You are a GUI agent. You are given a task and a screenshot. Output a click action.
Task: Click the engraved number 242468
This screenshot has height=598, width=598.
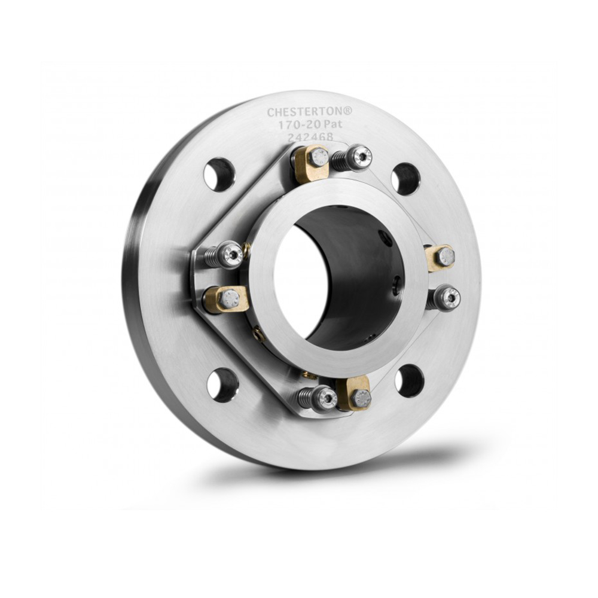310,137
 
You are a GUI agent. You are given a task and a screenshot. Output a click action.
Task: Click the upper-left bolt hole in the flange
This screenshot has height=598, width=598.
219,174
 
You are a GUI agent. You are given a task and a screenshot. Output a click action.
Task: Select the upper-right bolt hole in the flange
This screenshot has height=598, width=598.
406,179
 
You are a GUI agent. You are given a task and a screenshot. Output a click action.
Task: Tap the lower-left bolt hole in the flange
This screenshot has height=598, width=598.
221,385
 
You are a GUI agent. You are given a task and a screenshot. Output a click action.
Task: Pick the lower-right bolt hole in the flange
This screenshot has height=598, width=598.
409,380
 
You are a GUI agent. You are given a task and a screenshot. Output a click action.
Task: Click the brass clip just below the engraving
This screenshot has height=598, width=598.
312,163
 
